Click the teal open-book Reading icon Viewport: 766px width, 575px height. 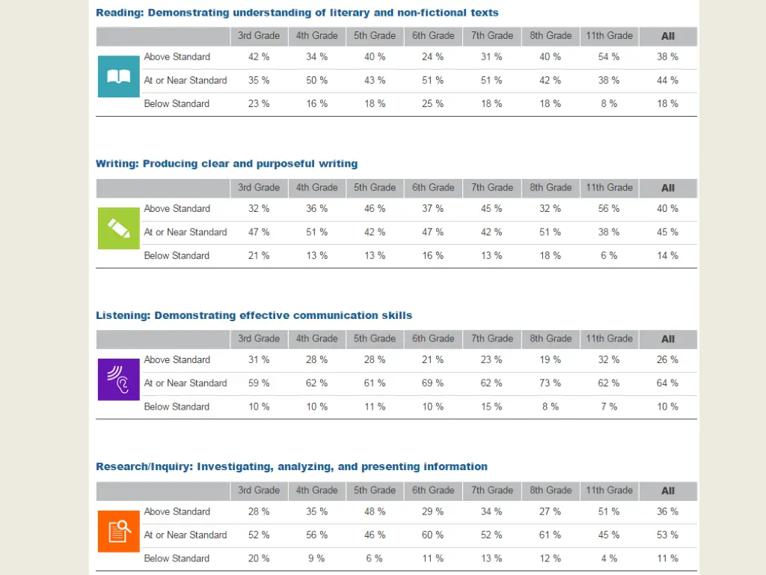(x=119, y=76)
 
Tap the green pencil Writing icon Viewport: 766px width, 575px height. (x=119, y=228)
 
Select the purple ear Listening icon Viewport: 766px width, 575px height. (x=119, y=380)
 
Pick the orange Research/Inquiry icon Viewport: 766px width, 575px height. (x=119, y=531)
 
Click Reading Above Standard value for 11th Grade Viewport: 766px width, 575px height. (x=609, y=57)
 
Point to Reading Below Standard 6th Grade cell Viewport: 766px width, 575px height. (x=432, y=104)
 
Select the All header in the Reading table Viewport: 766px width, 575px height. (x=668, y=36)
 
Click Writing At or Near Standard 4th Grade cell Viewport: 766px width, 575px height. (x=316, y=232)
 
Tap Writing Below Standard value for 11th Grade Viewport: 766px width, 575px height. (x=609, y=256)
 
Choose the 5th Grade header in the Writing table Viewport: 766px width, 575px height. (x=375, y=188)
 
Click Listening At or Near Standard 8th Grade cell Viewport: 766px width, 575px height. (x=550, y=383)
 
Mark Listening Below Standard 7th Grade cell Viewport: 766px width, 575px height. (x=491, y=407)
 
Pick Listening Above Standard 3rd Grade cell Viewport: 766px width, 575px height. (x=259, y=360)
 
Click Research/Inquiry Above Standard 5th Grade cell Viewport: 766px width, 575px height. (x=375, y=512)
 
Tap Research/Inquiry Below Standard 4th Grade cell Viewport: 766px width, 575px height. (x=316, y=559)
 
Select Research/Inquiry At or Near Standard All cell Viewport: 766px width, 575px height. (x=667, y=535)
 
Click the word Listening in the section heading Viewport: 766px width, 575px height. (x=123, y=315)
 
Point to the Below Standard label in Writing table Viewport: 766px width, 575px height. (x=177, y=256)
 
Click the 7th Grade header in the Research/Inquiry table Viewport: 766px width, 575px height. (x=491, y=490)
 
